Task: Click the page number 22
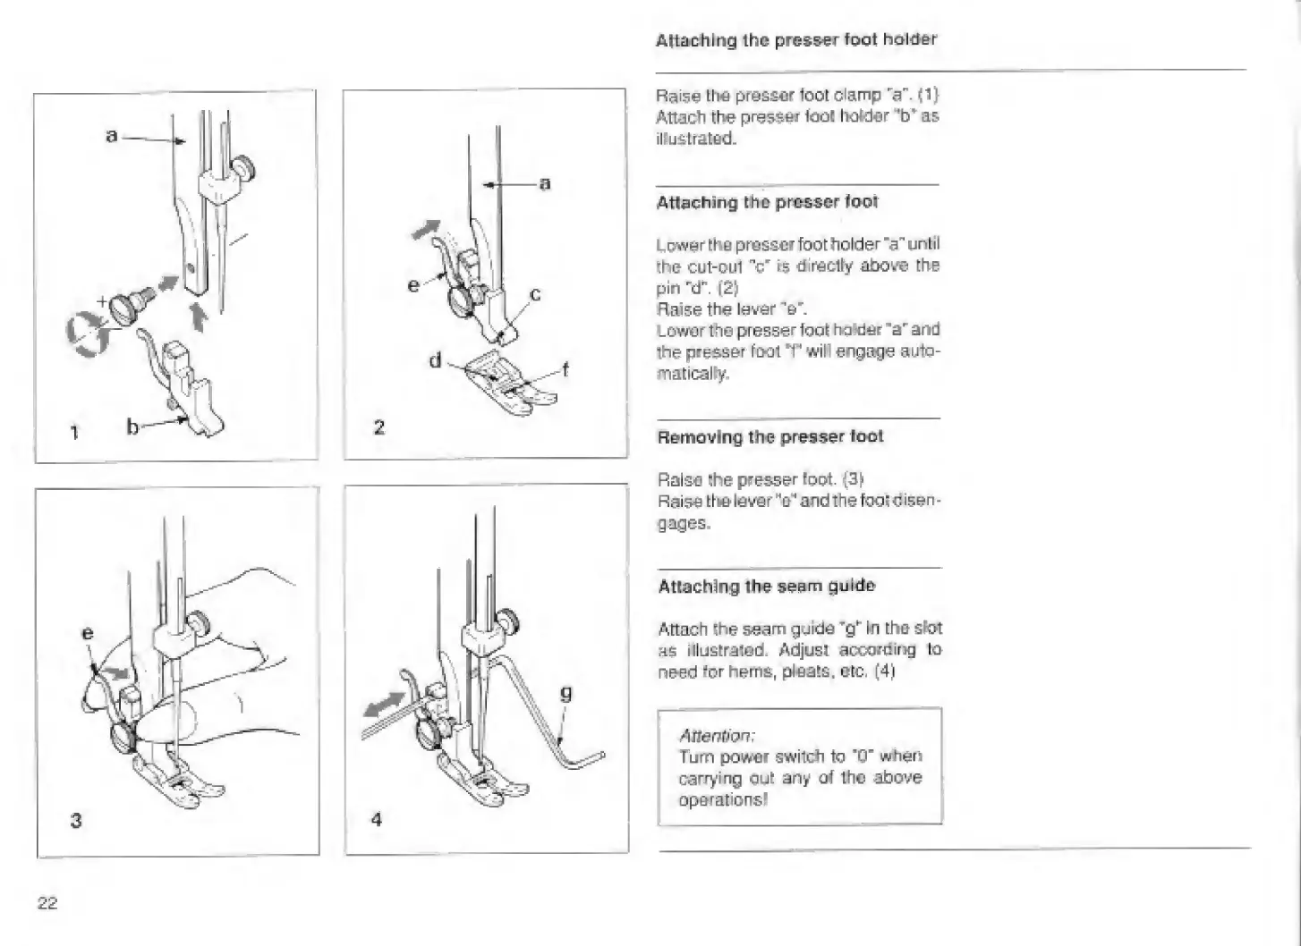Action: [x=47, y=903]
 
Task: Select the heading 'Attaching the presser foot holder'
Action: [x=795, y=40]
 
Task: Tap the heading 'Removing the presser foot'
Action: [x=770, y=436]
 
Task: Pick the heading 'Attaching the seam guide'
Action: [x=767, y=586]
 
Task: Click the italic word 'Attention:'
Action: [x=717, y=736]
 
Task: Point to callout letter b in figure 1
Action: [x=132, y=427]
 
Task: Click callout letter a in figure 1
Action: [x=112, y=135]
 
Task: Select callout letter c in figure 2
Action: [x=535, y=294]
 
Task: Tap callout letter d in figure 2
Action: [x=436, y=359]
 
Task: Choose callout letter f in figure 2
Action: [x=565, y=369]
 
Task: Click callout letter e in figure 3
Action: [x=88, y=632]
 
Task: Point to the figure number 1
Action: [x=74, y=433]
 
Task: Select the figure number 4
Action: [x=377, y=820]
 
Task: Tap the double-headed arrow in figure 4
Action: [x=384, y=705]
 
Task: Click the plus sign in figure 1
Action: [x=102, y=301]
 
